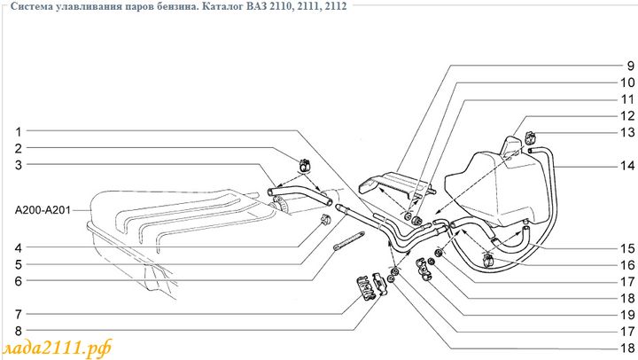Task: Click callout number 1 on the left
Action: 17,131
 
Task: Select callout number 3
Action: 17,164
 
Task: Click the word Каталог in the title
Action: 224,7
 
